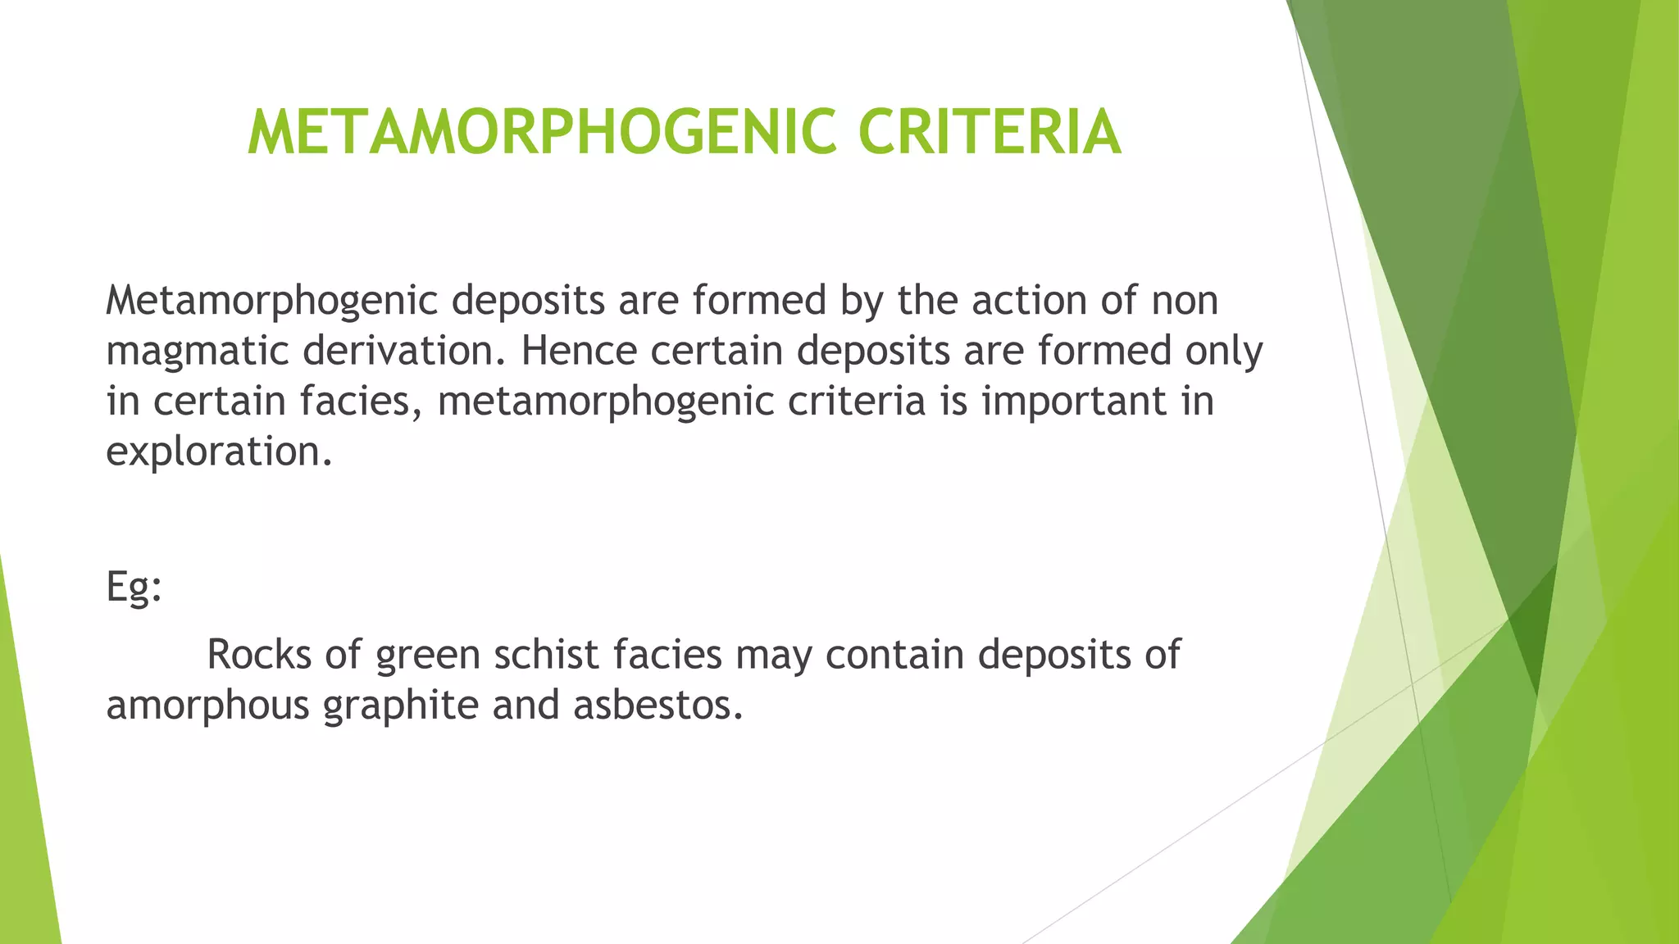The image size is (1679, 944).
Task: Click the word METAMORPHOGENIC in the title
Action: [542, 133]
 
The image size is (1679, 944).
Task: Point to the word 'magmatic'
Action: [198, 352]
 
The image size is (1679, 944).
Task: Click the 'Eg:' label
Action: [134, 587]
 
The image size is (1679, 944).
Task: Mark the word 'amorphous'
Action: [207, 706]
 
